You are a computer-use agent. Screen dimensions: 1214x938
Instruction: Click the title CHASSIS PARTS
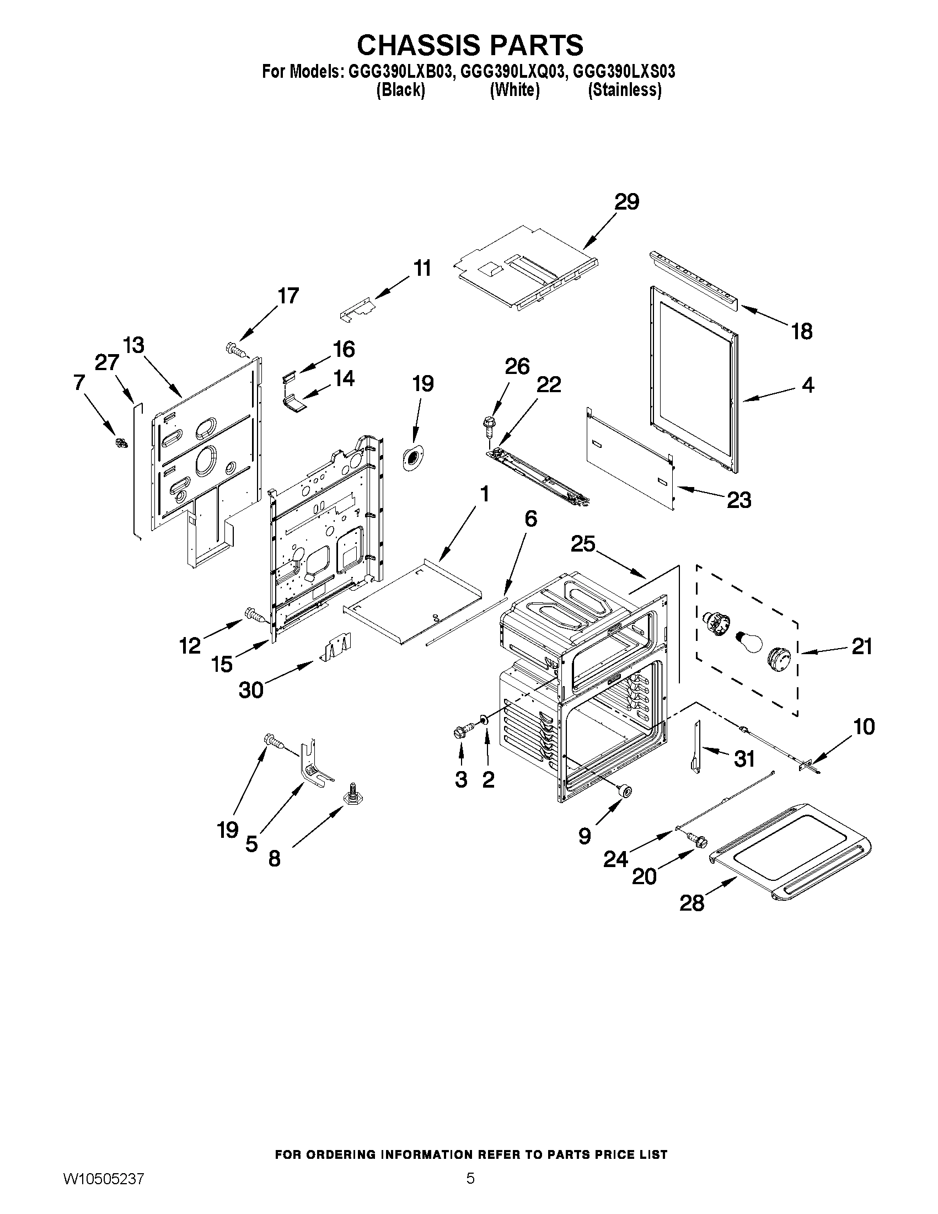(x=470, y=45)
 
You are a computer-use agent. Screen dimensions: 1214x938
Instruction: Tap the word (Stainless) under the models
(x=625, y=89)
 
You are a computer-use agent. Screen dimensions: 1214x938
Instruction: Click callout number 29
(x=626, y=202)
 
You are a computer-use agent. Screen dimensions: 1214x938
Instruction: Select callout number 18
(x=801, y=331)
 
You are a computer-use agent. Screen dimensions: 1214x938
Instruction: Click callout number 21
(x=862, y=646)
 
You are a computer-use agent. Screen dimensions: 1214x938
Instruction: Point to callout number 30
(x=250, y=691)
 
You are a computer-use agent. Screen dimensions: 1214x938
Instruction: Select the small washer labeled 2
(x=484, y=720)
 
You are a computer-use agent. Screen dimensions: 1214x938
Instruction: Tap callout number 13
(x=133, y=345)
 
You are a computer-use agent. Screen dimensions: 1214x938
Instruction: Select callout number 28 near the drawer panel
(x=692, y=903)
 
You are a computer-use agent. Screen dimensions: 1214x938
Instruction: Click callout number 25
(x=583, y=544)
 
